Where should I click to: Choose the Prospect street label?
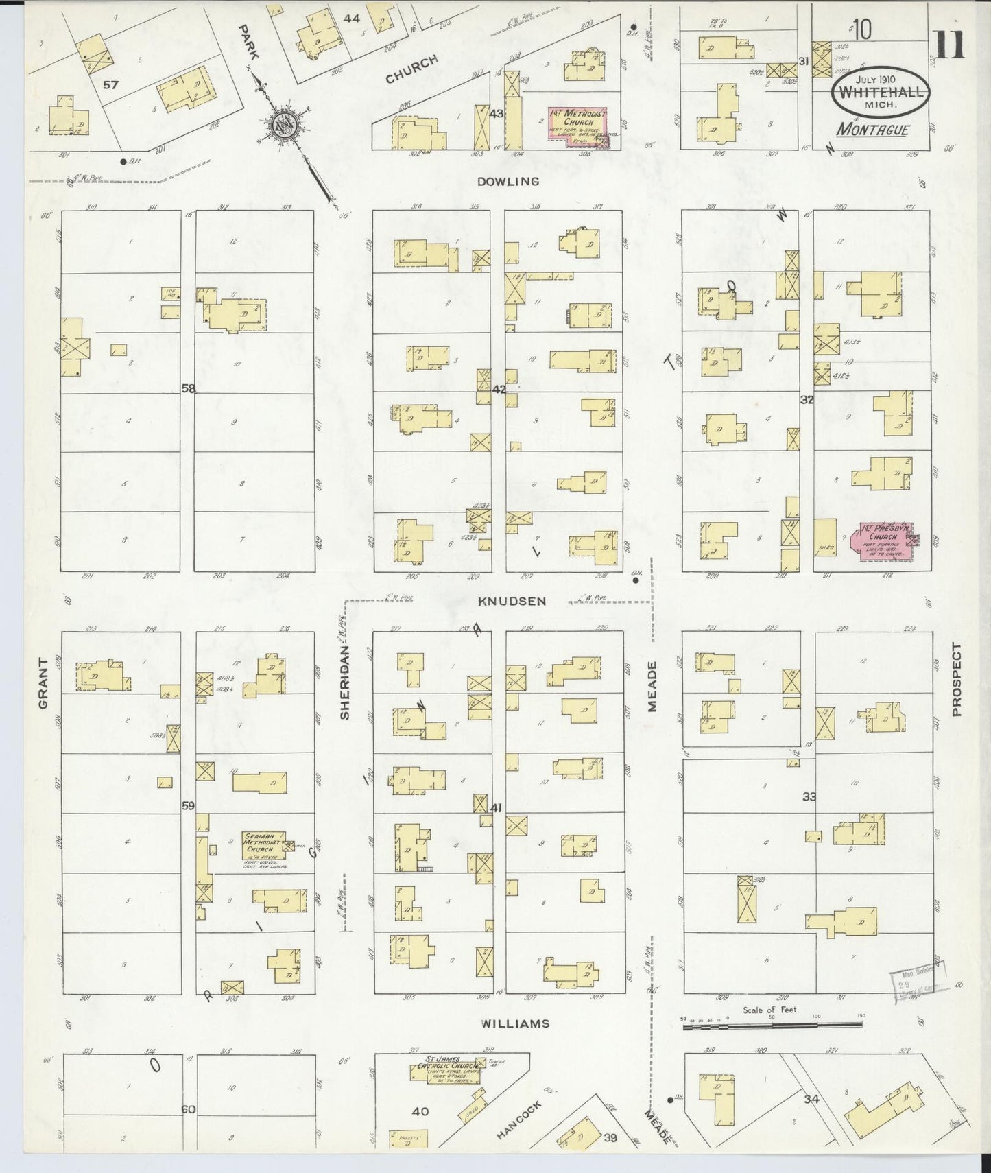(957, 679)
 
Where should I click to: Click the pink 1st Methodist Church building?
(578, 124)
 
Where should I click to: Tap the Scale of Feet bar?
(772, 1025)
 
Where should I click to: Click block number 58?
(188, 389)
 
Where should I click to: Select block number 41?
(497, 808)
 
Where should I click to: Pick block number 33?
(809, 796)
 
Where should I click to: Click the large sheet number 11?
(949, 47)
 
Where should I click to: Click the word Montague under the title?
(872, 130)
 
